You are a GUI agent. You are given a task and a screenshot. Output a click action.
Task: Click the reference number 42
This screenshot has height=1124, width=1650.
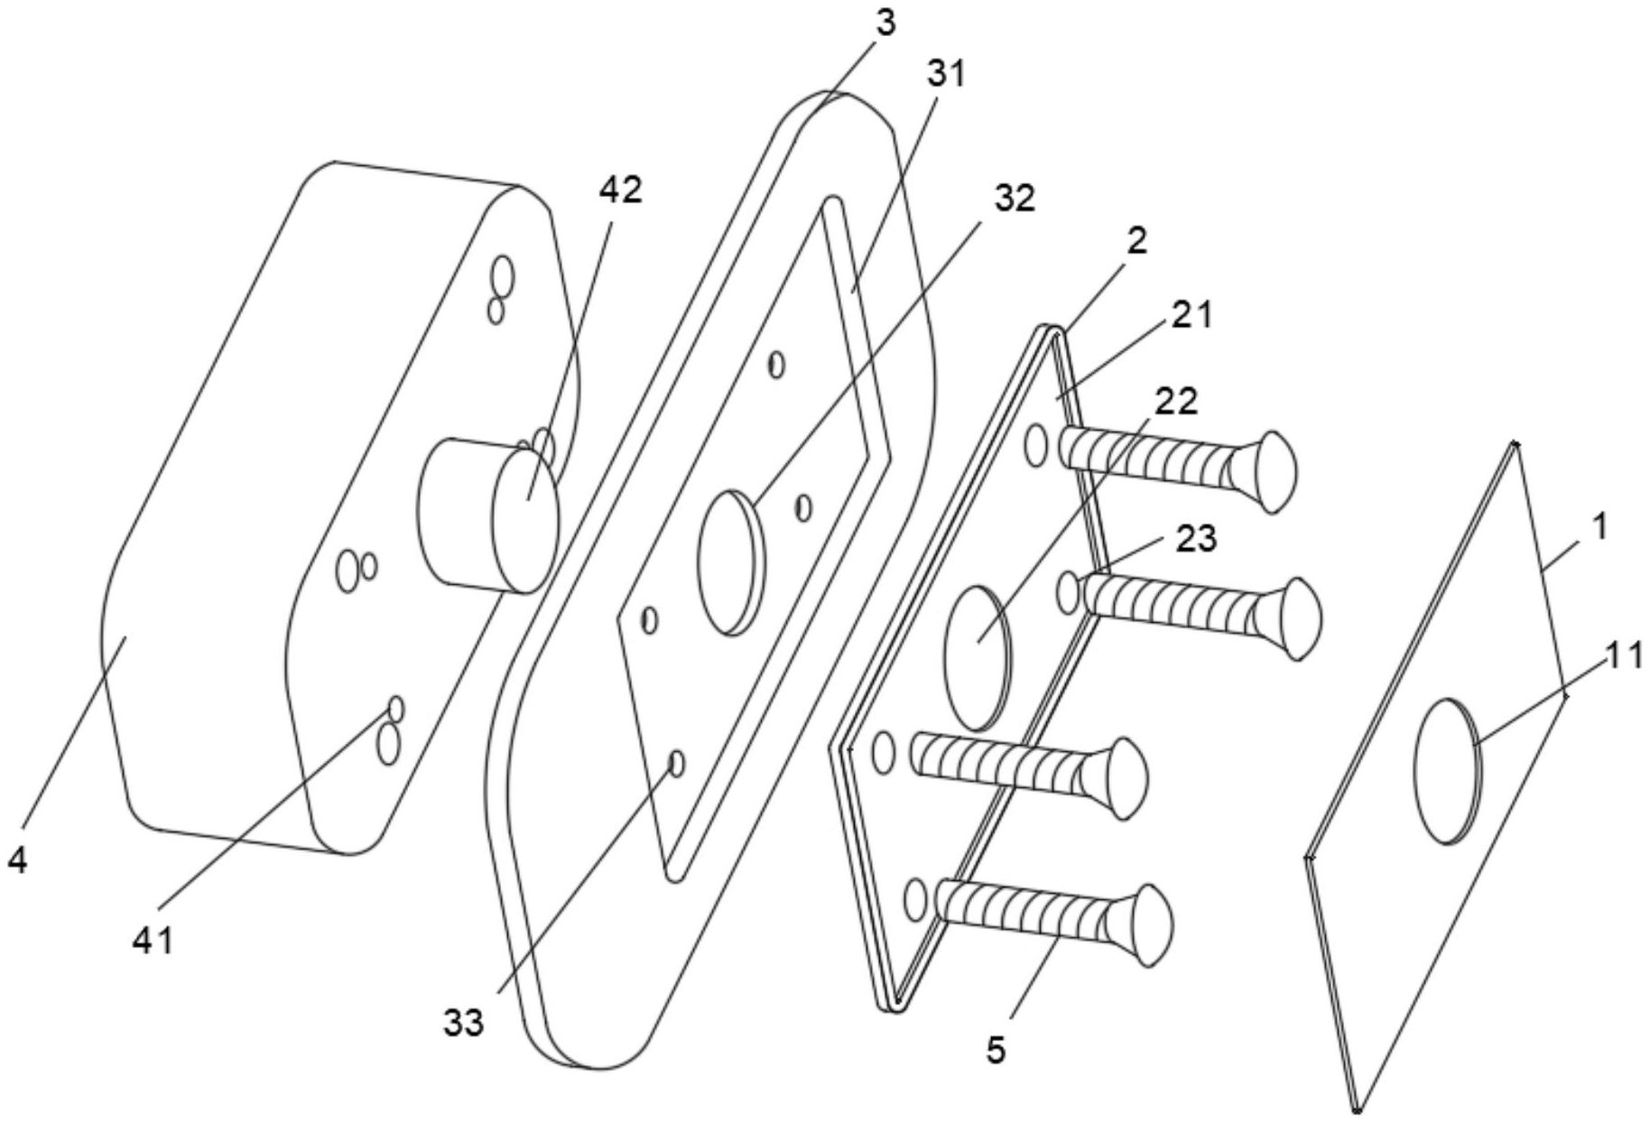tap(621, 190)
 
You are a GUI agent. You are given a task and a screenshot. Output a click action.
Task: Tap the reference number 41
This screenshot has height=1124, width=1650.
tap(153, 942)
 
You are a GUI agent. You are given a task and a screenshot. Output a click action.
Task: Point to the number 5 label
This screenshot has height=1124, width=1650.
tap(996, 1050)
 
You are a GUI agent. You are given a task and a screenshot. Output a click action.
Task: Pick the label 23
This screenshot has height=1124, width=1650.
tap(1196, 539)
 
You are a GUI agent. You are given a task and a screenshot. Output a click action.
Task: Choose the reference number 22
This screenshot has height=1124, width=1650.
tap(1176, 402)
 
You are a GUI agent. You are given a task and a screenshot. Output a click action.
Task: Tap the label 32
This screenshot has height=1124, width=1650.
tap(1014, 200)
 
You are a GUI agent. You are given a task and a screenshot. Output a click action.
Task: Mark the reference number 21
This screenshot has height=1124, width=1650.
tap(1192, 316)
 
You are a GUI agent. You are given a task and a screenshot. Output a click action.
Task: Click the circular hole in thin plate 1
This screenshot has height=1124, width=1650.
tap(1449, 771)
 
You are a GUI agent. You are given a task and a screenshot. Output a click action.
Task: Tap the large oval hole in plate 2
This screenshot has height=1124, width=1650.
tap(978, 657)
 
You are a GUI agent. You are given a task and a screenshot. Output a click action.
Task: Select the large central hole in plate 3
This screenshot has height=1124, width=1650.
tap(732, 562)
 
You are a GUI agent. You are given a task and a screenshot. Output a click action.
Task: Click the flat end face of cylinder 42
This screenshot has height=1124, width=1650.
tap(525, 521)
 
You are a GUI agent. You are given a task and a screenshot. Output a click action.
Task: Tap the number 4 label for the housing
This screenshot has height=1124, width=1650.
tap(17, 860)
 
